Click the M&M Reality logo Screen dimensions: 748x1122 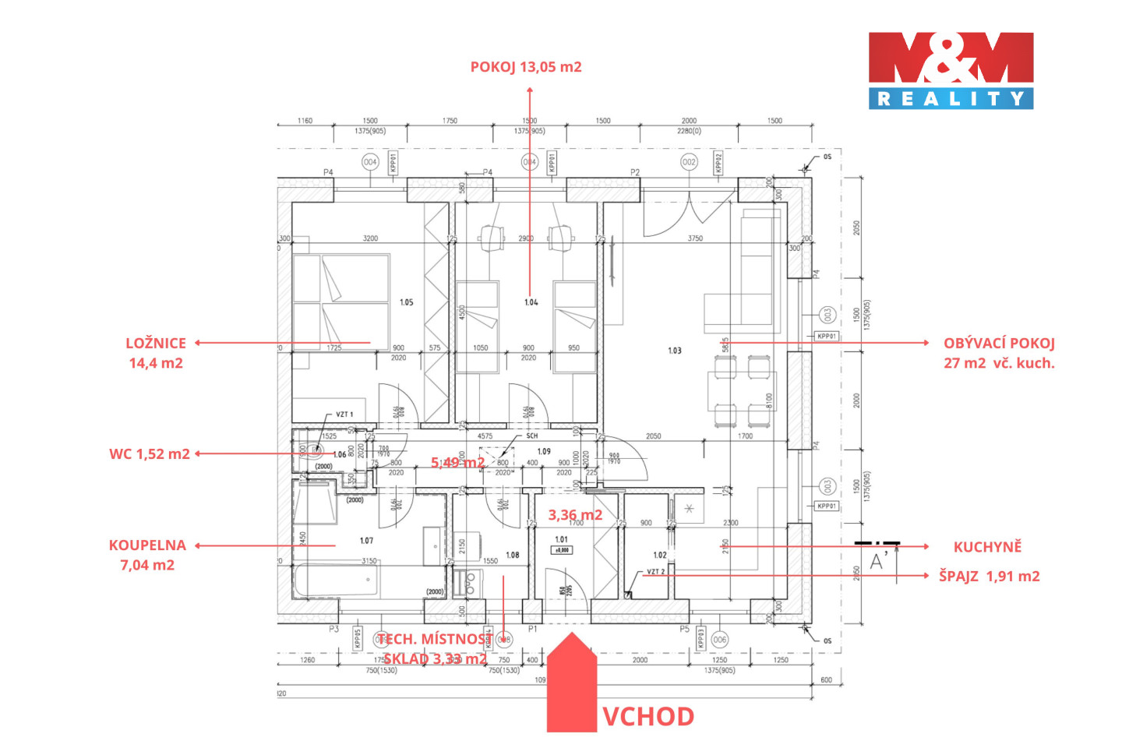point(951,70)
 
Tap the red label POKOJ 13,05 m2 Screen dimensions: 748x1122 point(526,67)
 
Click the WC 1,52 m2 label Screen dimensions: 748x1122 point(150,454)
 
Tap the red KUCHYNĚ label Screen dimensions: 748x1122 point(987,547)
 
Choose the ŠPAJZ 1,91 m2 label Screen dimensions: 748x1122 point(989,577)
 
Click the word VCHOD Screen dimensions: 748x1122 point(648,717)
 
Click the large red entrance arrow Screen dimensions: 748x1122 point(571,686)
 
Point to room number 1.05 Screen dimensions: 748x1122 point(407,302)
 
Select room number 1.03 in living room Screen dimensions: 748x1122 point(675,351)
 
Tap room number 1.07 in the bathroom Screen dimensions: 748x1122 point(366,541)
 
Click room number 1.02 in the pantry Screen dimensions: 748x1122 point(660,556)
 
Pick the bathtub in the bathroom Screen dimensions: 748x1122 point(337,581)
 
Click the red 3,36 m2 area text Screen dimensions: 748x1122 point(575,515)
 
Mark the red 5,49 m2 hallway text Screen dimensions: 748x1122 point(458,463)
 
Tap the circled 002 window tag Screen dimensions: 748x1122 point(689,162)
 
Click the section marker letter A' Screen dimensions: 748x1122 point(878,561)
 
